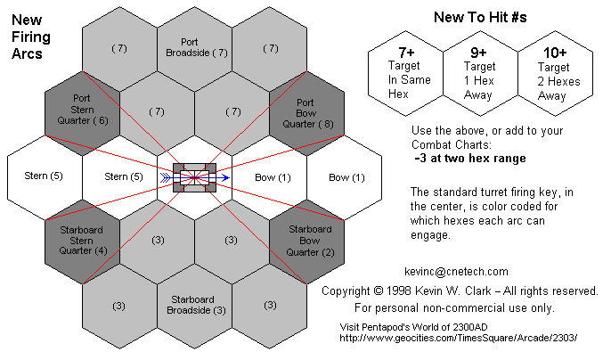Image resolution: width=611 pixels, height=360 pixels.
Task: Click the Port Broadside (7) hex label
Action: [x=196, y=47]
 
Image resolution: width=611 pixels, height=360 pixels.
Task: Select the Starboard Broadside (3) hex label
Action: [x=196, y=305]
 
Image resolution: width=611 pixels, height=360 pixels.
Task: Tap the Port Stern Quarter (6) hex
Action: [x=82, y=113]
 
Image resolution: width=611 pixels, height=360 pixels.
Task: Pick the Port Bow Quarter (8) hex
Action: [x=306, y=113]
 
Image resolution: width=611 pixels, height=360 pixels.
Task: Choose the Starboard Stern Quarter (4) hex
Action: [x=82, y=241]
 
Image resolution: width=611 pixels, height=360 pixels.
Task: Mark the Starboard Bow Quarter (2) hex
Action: [x=306, y=241]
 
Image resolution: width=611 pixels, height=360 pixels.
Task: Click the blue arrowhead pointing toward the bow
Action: [x=226, y=178]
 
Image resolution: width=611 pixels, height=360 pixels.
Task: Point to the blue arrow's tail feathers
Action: [x=166, y=178]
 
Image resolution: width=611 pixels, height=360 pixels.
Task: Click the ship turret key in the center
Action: [x=194, y=177]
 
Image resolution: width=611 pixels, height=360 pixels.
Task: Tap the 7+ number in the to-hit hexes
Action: [x=406, y=53]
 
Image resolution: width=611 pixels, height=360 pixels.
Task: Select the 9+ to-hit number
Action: [x=478, y=53]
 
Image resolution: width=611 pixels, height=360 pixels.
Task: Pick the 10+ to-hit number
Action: [x=555, y=53]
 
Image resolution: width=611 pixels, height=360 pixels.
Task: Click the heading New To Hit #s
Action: [x=480, y=17]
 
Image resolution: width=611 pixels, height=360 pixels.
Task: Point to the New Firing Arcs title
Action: [x=31, y=37]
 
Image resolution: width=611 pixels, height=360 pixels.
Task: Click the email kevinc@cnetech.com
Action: [x=456, y=272]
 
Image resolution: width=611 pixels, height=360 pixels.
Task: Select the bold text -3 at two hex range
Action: [x=470, y=158]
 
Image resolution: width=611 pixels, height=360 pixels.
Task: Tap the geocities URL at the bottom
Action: [x=458, y=338]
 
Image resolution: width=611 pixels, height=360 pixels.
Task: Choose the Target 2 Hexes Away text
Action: [x=558, y=81]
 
